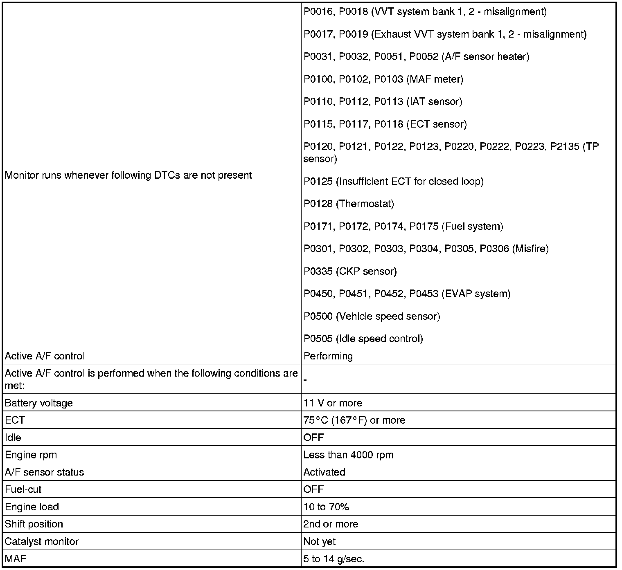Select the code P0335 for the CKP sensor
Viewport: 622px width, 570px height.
(x=318, y=272)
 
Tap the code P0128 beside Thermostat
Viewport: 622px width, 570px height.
(x=318, y=204)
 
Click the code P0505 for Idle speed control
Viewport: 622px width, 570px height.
(x=318, y=339)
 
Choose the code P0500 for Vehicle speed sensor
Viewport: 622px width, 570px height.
(x=318, y=316)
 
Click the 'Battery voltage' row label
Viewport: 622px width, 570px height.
(x=39, y=403)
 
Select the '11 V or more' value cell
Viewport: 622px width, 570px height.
(x=333, y=403)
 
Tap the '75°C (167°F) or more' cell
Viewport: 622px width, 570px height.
(x=354, y=420)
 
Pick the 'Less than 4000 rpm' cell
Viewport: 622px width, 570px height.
(x=348, y=455)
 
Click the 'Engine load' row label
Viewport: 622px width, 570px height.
(x=32, y=507)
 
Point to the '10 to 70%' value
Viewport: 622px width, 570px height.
(x=326, y=507)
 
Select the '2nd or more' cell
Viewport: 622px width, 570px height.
(x=331, y=524)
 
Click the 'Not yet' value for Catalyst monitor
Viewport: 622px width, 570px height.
(x=320, y=542)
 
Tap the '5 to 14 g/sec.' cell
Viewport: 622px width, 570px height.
(x=334, y=559)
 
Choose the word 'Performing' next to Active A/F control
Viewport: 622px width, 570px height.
(x=328, y=356)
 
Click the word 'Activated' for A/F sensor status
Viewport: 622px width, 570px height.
(x=325, y=472)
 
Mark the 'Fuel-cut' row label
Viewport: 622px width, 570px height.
(x=23, y=489)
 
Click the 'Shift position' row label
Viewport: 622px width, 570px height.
(x=34, y=524)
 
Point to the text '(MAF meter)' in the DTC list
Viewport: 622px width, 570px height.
(x=435, y=79)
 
